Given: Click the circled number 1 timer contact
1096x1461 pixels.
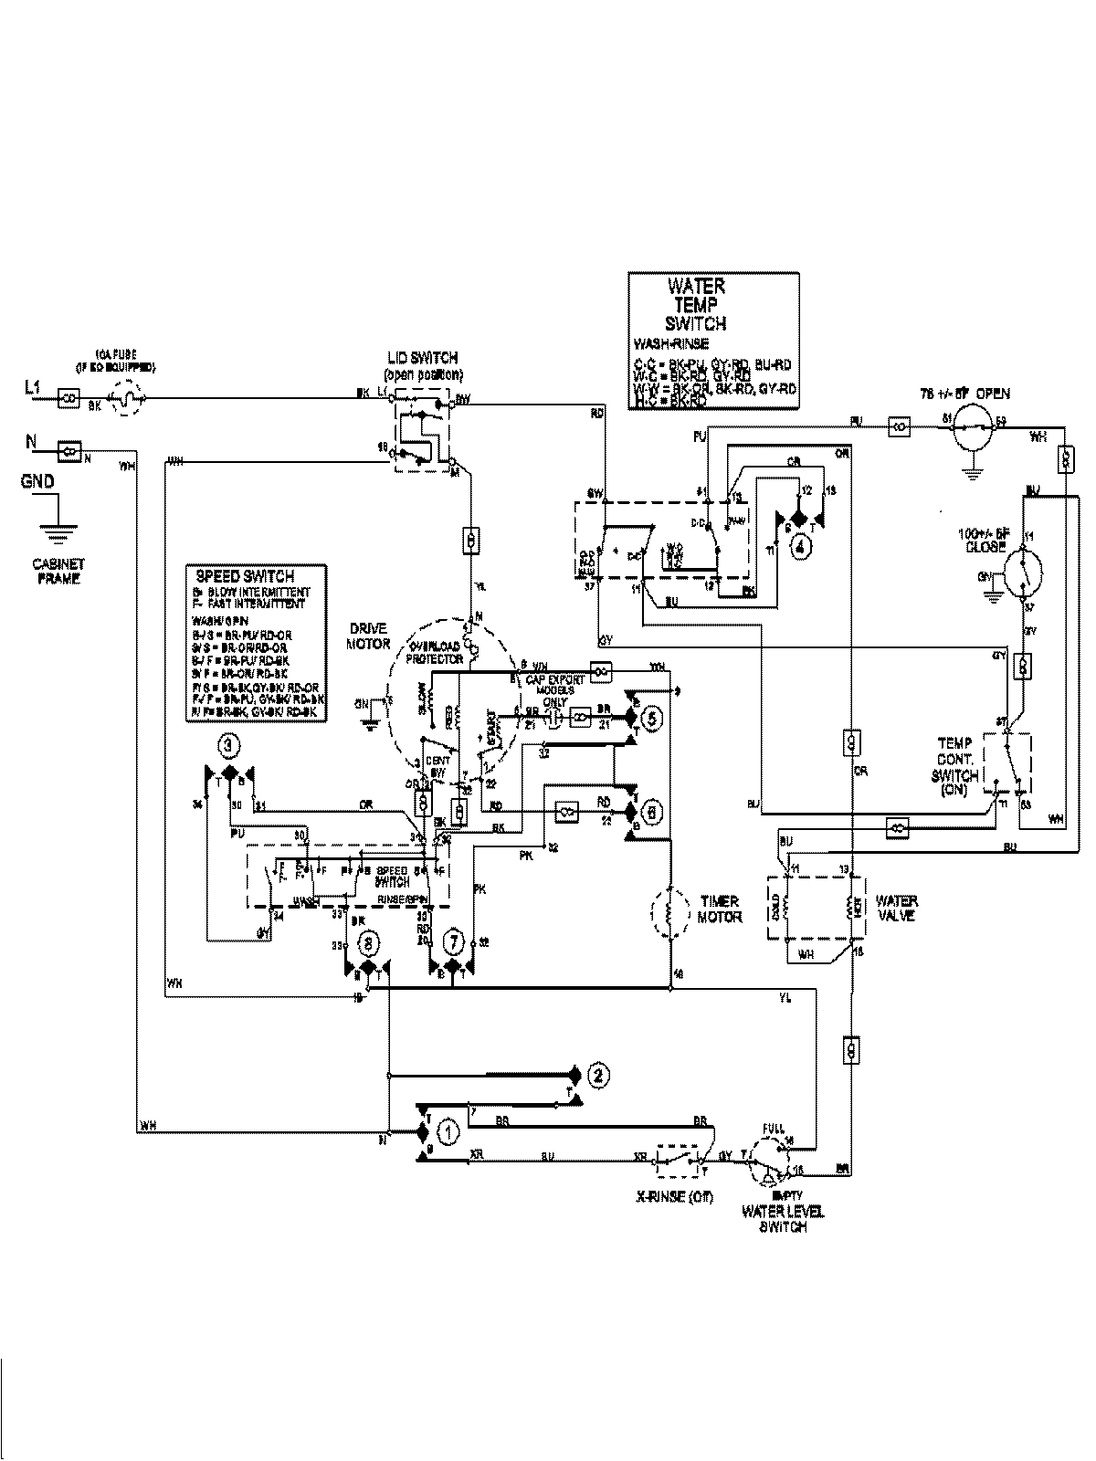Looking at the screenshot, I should [448, 1132].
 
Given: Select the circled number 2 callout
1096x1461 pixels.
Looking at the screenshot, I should [597, 1075].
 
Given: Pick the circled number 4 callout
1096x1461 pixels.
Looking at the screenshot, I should [800, 548].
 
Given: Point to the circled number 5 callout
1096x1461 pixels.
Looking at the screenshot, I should [651, 718].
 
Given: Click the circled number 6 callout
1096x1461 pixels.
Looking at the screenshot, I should [651, 809].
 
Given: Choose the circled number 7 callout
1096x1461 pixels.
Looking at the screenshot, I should [453, 941].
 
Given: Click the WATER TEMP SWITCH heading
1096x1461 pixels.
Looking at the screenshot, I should [696, 305].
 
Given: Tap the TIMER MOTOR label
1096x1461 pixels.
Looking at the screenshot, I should [720, 909].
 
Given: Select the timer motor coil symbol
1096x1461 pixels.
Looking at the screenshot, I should [669, 910].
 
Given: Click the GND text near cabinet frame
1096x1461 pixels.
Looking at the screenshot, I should [37, 481].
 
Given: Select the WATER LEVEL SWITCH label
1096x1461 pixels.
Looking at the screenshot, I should [784, 1220].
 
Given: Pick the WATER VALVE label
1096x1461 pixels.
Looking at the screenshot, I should [896, 908].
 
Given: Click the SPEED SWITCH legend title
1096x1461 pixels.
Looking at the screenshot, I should [245, 576].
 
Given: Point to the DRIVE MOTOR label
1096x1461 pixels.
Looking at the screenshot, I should [369, 636].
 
